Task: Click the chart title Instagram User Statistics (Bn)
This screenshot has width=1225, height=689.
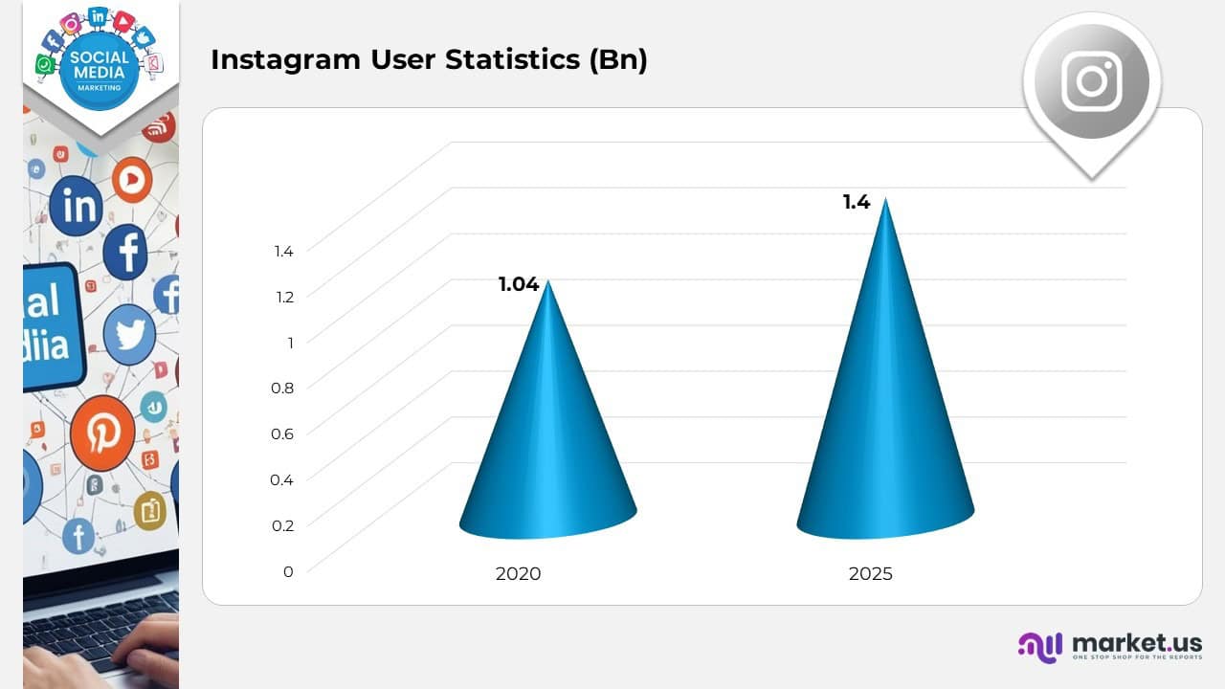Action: pyautogui.click(x=429, y=59)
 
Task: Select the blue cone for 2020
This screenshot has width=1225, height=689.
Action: pyautogui.click(x=547, y=431)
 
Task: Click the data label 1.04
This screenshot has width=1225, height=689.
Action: pyautogui.click(x=519, y=284)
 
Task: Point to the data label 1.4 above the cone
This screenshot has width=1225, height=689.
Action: pyautogui.click(x=856, y=202)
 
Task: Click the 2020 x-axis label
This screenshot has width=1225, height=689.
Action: pyautogui.click(x=518, y=574)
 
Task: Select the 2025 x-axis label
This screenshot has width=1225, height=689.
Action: pyautogui.click(x=870, y=574)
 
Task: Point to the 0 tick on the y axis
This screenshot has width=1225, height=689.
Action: pyautogui.click(x=288, y=571)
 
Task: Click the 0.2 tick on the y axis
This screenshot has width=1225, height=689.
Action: pyautogui.click(x=282, y=525)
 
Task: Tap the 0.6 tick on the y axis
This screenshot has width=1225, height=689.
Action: pyautogui.click(x=282, y=433)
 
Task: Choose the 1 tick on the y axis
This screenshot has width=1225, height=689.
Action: pyautogui.click(x=289, y=342)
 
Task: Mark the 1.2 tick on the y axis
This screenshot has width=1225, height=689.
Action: pyautogui.click(x=283, y=297)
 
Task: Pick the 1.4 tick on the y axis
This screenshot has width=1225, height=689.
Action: pyautogui.click(x=283, y=251)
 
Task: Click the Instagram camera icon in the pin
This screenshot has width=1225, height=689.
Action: pyautogui.click(x=1091, y=81)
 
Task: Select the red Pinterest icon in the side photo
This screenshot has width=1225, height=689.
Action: pyautogui.click(x=102, y=433)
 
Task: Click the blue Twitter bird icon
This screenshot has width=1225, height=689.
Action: pyautogui.click(x=129, y=335)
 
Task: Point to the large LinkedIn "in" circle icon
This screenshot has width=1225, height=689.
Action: pyautogui.click(x=76, y=205)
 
